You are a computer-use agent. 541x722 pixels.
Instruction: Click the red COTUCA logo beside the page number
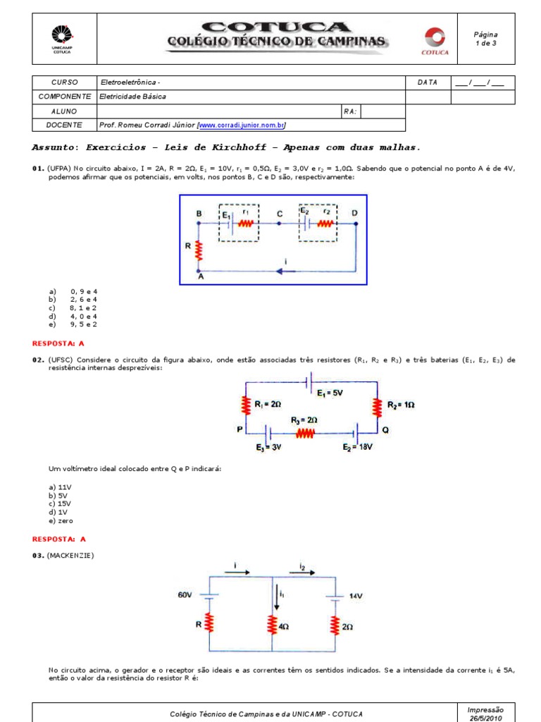coord(431,39)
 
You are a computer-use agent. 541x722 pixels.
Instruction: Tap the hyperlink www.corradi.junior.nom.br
coord(242,125)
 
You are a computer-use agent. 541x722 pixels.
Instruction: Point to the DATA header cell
coord(427,82)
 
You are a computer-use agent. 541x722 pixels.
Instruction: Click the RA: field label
coord(350,111)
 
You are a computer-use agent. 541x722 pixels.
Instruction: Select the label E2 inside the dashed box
coord(305,211)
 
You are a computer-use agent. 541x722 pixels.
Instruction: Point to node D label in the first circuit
coord(354,213)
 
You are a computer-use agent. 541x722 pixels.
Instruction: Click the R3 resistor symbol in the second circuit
coord(304,434)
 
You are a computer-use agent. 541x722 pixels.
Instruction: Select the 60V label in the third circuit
coord(185,595)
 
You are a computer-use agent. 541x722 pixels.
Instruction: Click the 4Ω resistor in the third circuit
coord(272,625)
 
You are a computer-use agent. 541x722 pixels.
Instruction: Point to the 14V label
coord(356,596)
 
